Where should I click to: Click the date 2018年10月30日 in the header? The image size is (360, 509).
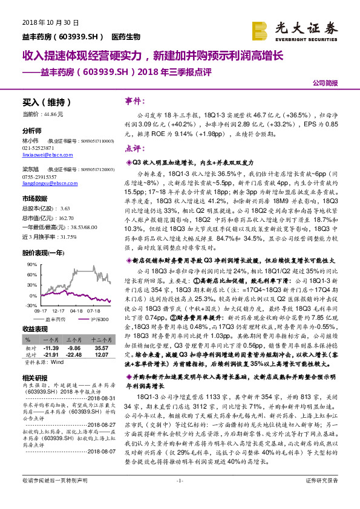(x=43, y=23)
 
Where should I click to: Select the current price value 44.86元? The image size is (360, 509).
(x=51, y=114)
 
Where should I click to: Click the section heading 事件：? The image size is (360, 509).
(x=137, y=102)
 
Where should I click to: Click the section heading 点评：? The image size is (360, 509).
(x=137, y=148)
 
